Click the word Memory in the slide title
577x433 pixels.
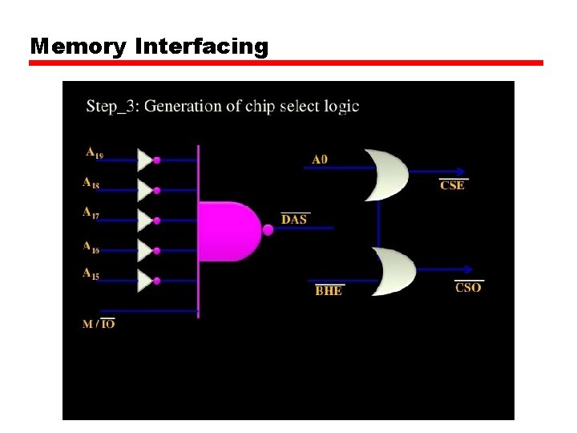pyautogui.click(x=79, y=47)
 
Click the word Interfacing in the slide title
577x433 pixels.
pyautogui.click(x=202, y=47)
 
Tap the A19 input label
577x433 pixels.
pyautogui.click(x=95, y=152)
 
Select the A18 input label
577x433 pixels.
pyautogui.click(x=91, y=183)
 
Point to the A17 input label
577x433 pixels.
pyautogui.click(x=91, y=212)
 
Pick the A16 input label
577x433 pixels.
pyautogui.click(x=91, y=247)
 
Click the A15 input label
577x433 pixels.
pyautogui.click(x=91, y=274)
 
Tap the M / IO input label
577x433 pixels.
pyautogui.click(x=99, y=324)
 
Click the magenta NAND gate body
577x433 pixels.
pyautogui.click(x=228, y=231)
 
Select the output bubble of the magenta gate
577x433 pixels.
pyautogui.click(x=268, y=229)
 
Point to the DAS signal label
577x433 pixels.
pyautogui.click(x=294, y=219)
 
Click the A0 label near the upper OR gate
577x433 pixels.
pyautogui.click(x=320, y=160)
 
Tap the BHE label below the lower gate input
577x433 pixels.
pyautogui.click(x=329, y=290)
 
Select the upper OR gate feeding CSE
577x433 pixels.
pyautogui.click(x=385, y=174)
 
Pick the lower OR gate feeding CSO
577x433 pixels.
pyautogui.click(x=393, y=272)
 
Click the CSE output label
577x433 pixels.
pyautogui.click(x=453, y=185)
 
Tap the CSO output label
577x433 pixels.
pyautogui.click(x=468, y=287)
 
